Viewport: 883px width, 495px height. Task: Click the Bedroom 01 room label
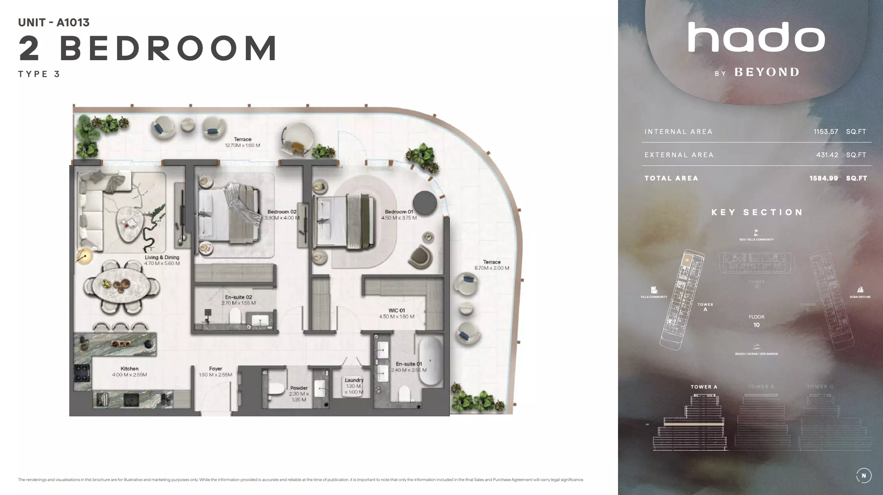point(399,212)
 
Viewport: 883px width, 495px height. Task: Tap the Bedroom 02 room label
point(282,212)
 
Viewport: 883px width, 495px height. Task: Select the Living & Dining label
point(162,258)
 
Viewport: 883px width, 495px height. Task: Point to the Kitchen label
point(129,369)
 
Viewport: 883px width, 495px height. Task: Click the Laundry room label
point(354,380)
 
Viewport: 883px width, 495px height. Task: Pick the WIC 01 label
point(397,311)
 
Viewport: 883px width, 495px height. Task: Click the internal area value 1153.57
point(826,132)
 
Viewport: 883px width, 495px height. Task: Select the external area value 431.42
point(827,155)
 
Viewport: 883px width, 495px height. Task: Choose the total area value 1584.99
point(824,178)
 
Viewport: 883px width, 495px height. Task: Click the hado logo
point(757,37)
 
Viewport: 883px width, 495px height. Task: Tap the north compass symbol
point(863,475)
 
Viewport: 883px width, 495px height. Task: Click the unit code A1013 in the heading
point(73,23)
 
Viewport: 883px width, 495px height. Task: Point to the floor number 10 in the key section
point(756,325)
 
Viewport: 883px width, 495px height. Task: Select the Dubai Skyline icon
point(860,290)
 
